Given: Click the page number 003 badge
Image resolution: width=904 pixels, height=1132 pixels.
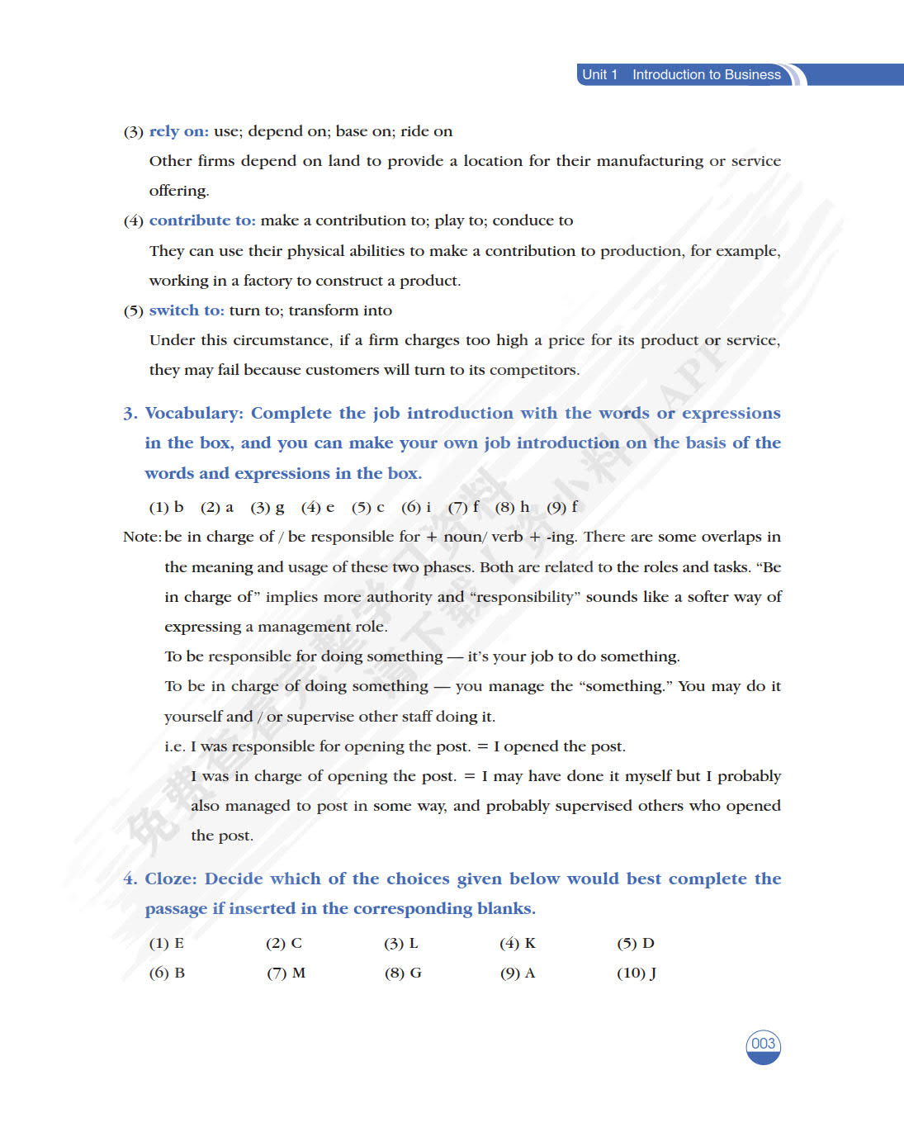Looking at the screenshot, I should tap(763, 1044).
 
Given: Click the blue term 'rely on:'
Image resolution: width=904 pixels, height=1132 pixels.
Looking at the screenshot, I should tap(178, 131).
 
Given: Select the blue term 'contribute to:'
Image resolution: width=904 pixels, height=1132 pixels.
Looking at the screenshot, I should tap(202, 220).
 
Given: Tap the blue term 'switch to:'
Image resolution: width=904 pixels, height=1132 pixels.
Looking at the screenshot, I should tap(187, 310).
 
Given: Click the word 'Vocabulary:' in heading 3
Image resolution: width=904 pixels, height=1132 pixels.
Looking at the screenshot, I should tap(194, 413).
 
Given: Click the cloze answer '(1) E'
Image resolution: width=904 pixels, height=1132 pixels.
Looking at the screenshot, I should tap(166, 943).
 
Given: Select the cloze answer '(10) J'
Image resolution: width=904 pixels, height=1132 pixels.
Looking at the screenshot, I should tap(637, 973).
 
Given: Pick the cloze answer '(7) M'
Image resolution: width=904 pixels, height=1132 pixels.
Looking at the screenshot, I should tap(286, 973).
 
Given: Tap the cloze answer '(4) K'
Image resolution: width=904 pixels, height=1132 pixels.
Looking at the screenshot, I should tap(518, 943).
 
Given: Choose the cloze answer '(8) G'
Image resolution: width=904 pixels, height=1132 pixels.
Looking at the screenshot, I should tap(403, 973).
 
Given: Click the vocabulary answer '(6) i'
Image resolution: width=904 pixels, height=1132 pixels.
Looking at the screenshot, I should tap(416, 507).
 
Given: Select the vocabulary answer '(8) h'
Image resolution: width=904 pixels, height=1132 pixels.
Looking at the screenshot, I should tap(512, 507).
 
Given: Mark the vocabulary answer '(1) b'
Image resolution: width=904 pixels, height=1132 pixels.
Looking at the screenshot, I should tap(166, 507).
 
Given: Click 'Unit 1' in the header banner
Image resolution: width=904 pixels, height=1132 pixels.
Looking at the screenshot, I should tap(599, 74).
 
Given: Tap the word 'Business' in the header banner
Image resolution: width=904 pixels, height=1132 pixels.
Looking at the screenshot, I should tap(752, 74).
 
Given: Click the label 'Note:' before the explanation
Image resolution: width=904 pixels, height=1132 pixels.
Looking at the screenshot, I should tap(142, 537).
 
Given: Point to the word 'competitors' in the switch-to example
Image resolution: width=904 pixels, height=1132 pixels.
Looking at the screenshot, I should tap(533, 370).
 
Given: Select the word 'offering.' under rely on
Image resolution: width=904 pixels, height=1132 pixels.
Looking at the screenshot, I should tap(179, 191).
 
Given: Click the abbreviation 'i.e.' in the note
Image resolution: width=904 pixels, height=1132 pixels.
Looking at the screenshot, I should tap(174, 746).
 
